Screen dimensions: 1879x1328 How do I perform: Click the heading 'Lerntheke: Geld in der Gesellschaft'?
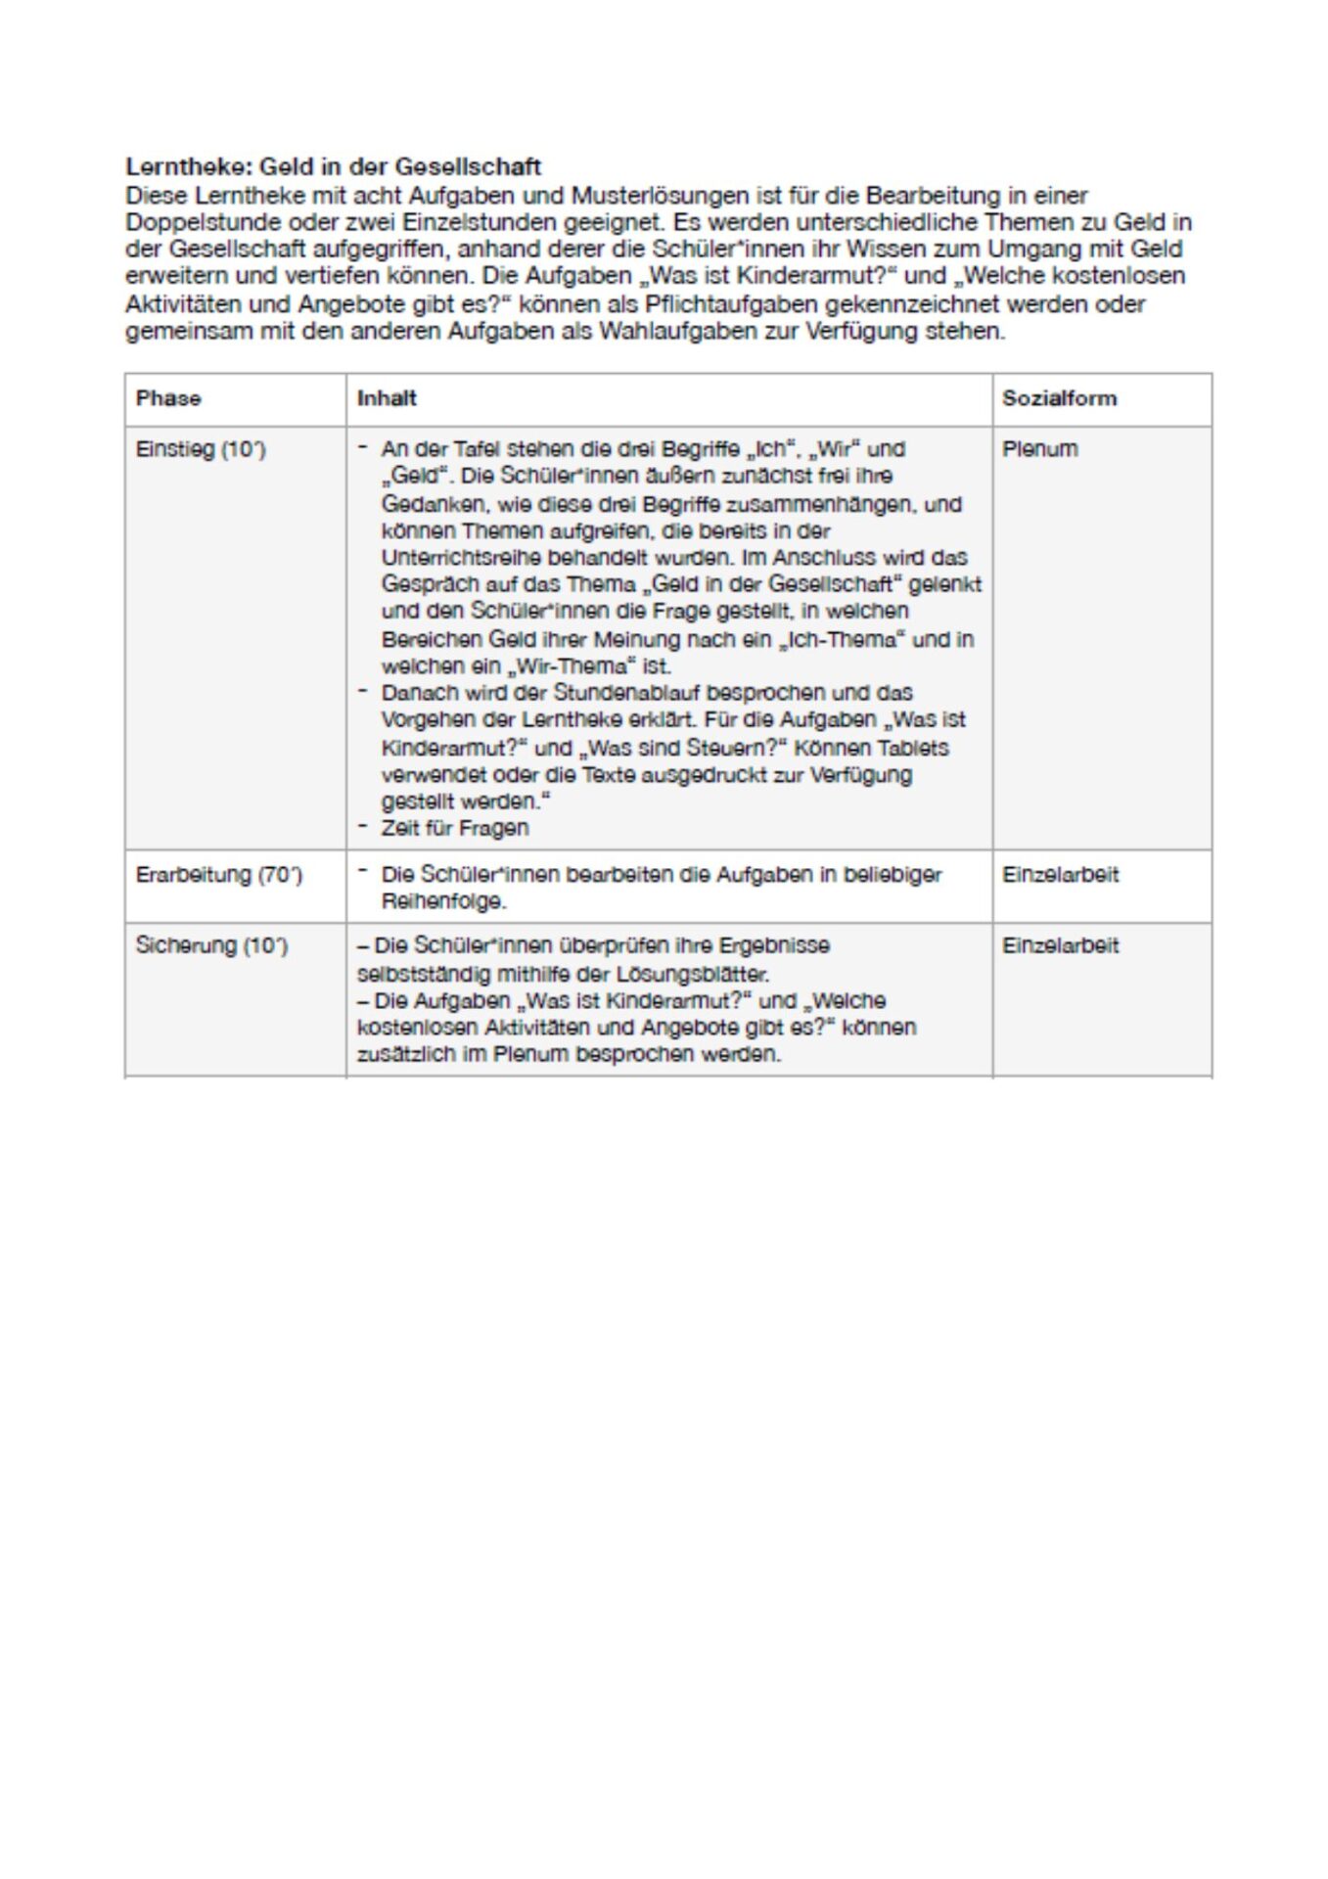coord(333,166)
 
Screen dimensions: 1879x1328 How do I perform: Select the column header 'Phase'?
coord(168,398)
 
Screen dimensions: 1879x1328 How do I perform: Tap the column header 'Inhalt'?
coord(387,398)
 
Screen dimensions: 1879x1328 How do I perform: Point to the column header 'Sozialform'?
coord(1059,398)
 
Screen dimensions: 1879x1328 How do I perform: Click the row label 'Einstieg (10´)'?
coord(201,449)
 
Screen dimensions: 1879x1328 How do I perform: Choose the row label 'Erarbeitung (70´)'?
coord(219,875)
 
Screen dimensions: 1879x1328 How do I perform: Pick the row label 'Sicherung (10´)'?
coord(211,946)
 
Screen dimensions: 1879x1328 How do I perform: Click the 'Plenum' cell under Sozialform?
coord(1039,449)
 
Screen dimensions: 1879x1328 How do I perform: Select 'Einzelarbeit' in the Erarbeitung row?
coord(1060,875)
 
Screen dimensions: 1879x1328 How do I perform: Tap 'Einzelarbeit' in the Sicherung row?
coord(1060,946)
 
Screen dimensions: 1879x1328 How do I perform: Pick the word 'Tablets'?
coord(912,748)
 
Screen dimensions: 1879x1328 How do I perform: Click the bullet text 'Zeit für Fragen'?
coord(455,828)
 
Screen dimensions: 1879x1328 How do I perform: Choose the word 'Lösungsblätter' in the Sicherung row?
coord(691,975)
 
